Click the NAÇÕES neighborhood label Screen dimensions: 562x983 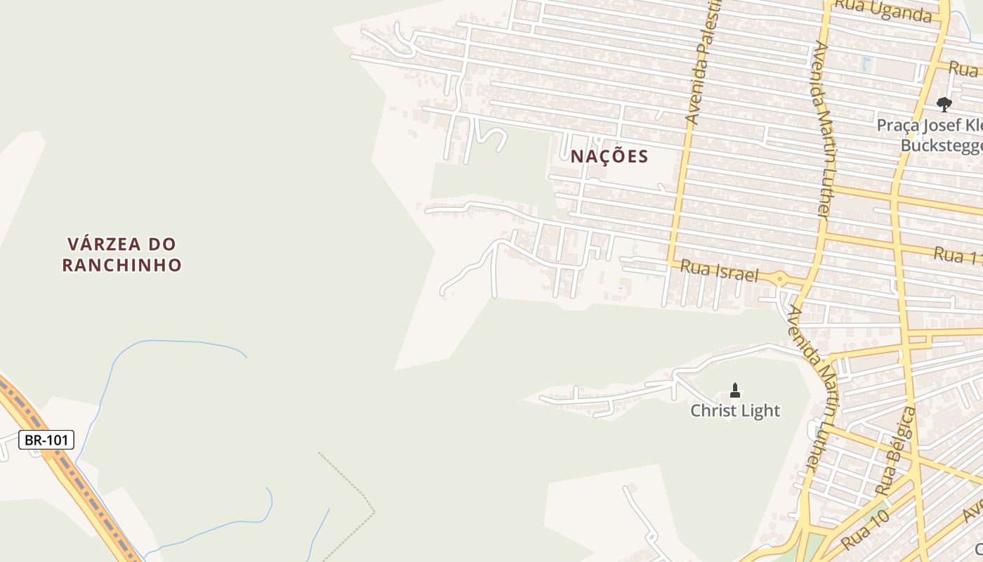point(609,156)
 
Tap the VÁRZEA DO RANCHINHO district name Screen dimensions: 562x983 point(122,254)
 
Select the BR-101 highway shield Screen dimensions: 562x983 point(46,440)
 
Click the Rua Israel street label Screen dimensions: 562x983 point(720,270)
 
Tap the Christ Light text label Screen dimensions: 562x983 point(735,410)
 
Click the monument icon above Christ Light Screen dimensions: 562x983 point(735,390)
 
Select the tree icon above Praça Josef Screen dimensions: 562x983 point(944,105)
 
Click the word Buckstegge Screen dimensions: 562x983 point(941,145)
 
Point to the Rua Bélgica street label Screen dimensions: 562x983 point(896,450)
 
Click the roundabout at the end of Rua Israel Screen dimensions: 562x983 point(779,279)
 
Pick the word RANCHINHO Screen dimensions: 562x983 point(122,265)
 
